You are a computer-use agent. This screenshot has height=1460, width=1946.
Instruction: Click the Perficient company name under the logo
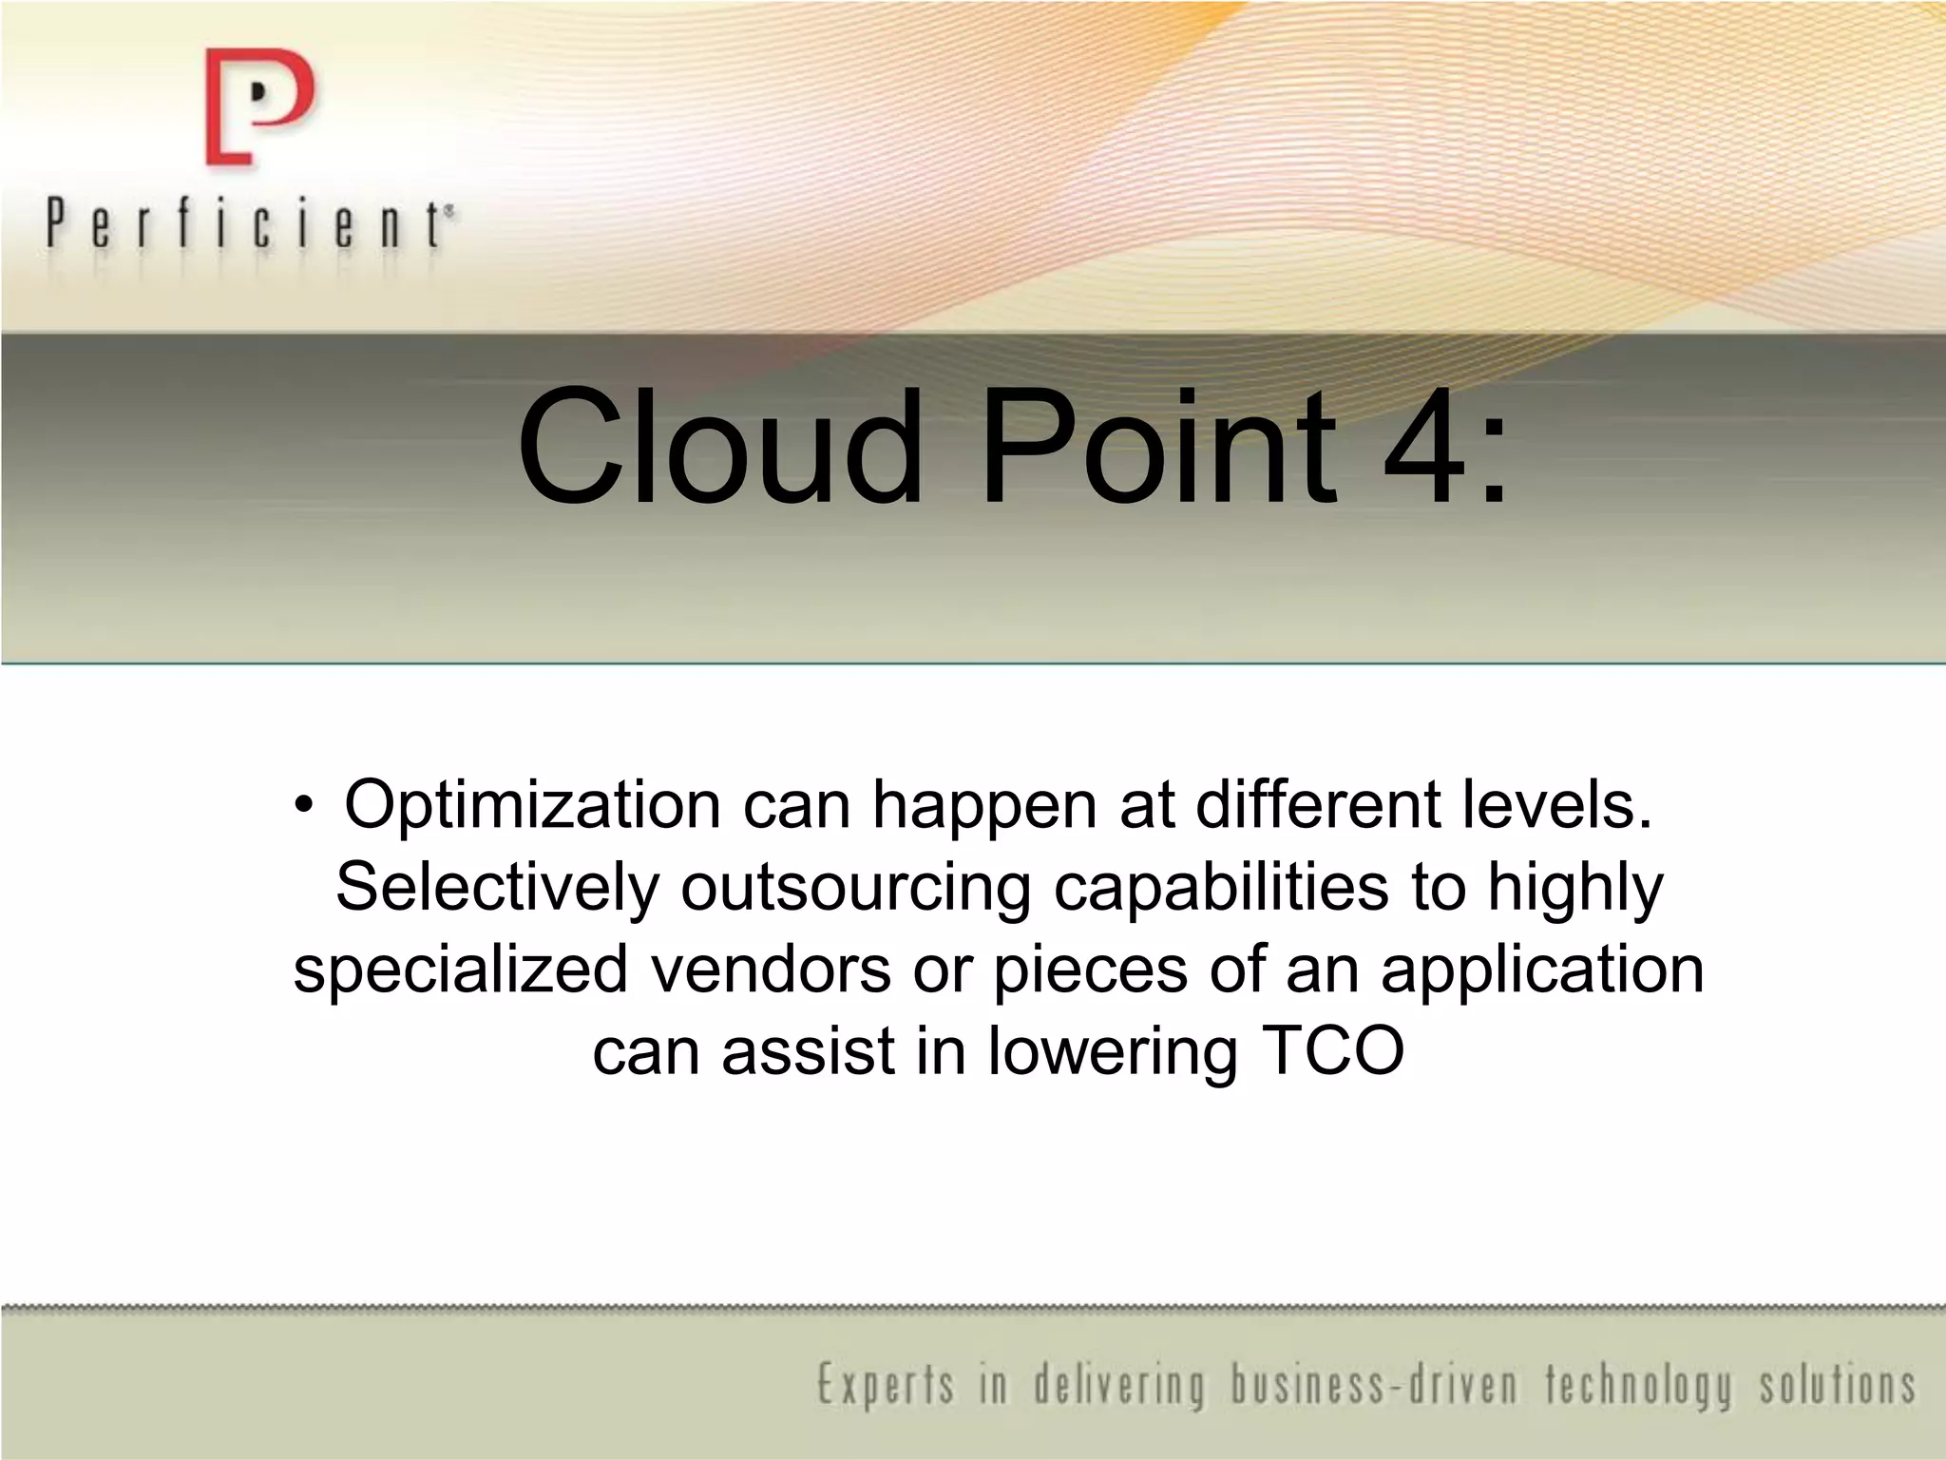click(249, 225)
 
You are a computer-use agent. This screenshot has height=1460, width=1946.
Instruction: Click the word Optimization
click(532, 807)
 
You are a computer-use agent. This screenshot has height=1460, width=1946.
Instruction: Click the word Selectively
click(496, 888)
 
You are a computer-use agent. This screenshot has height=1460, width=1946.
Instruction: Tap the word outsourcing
click(855, 888)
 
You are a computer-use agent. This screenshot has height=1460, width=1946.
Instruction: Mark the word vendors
click(771, 970)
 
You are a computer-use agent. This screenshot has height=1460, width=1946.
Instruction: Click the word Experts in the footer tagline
click(885, 1385)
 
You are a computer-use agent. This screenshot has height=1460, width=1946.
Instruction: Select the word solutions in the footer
click(1837, 1385)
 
